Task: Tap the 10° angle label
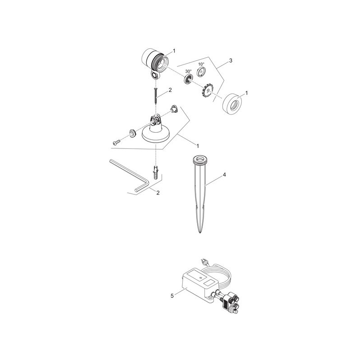[201, 65]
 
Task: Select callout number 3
[231, 60]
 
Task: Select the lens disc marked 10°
[202, 73]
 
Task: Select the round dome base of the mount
[156, 134]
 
